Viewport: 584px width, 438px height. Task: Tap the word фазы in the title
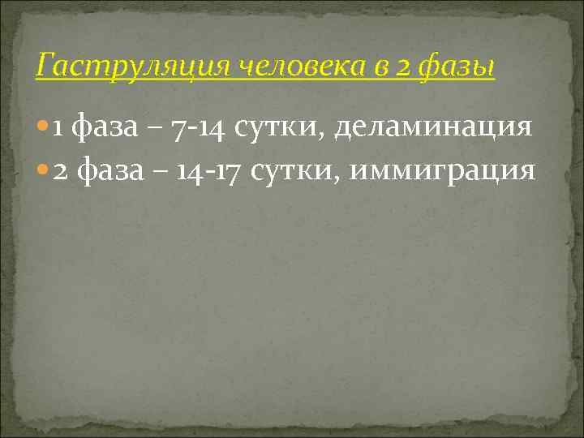(x=456, y=67)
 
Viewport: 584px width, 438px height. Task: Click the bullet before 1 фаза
(x=43, y=127)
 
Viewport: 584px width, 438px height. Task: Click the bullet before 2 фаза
(x=43, y=171)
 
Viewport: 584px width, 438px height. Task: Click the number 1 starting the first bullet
(x=58, y=127)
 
